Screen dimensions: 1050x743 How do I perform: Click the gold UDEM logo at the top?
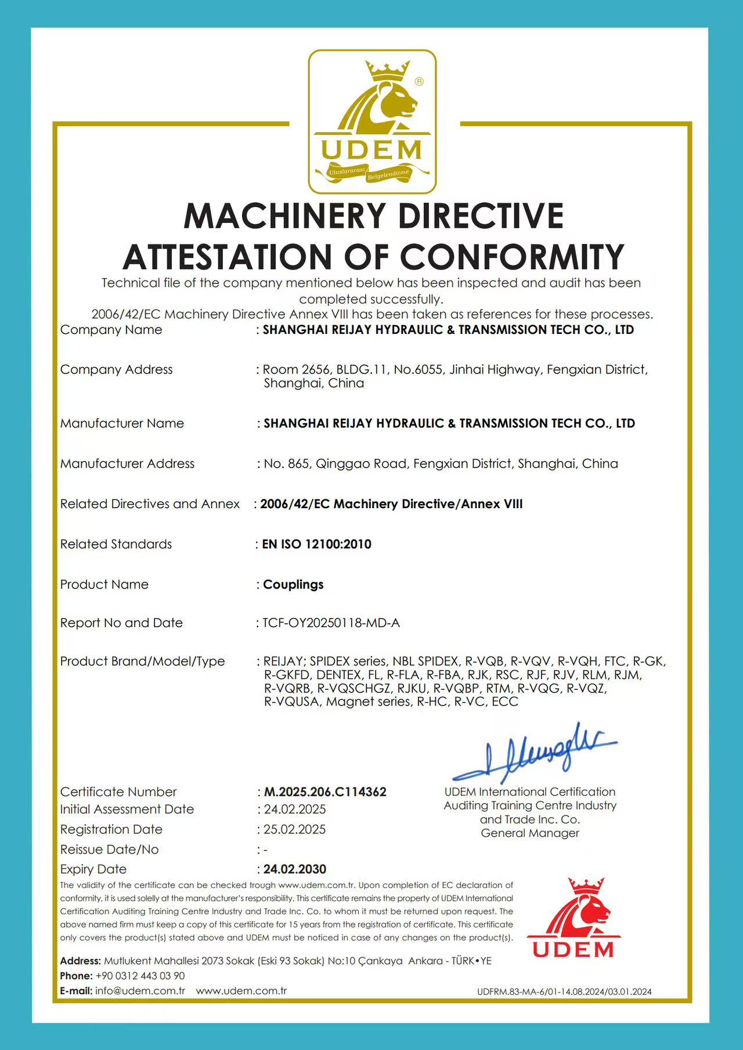pyautogui.click(x=372, y=122)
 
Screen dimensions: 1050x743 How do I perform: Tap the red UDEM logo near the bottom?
pyautogui.click(x=573, y=918)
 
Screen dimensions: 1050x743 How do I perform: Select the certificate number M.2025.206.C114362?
pyautogui.click(x=325, y=792)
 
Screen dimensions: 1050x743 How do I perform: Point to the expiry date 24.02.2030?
pyautogui.click(x=295, y=869)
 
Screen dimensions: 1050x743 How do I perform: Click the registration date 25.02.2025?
pyautogui.click(x=295, y=829)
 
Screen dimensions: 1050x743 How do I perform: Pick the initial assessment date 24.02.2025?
pyautogui.click(x=295, y=809)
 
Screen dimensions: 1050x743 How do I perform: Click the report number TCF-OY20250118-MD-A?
pyautogui.click(x=331, y=623)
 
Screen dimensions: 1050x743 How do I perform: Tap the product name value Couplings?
pyautogui.click(x=293, y=584)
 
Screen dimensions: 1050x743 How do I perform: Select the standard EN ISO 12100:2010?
pyautogui.click(x=317, y=544)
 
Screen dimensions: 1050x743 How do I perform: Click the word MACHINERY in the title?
pyautogui.click(x=284, y=216)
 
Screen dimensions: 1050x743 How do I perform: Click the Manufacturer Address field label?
pyautogui.click(x=127, y=463)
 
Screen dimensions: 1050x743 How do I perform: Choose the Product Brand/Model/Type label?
pyautogui.click(x=142, y=661)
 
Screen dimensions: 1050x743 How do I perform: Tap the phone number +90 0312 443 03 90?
pyautogui.click(x=140, y=976)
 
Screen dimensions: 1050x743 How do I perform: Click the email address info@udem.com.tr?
pyautogui.click(x=140, y=991)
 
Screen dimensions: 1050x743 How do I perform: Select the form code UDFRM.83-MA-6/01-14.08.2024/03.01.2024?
pyautogui.click(x=564, y=992)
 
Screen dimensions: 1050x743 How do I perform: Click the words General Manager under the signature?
pyautogui.click(x=530, y=833)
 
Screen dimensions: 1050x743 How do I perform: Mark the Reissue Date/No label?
pyautogui.click(x=109, y=849)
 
